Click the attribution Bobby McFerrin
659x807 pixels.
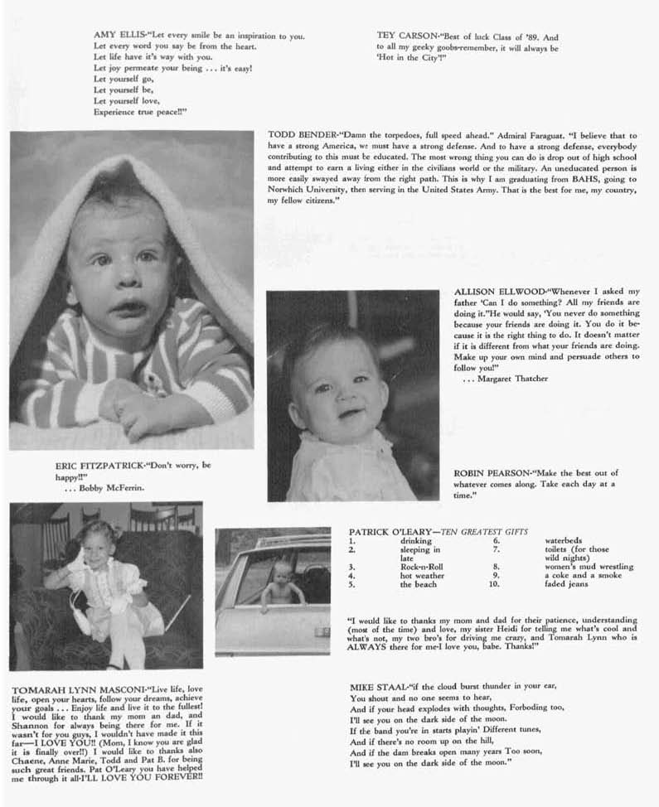click(x=112, y=488)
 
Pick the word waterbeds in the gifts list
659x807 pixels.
click(x=564, y=540)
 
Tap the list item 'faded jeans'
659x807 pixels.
click(x=566, y=584)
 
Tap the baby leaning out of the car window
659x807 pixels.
click(x=282, y=581)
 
